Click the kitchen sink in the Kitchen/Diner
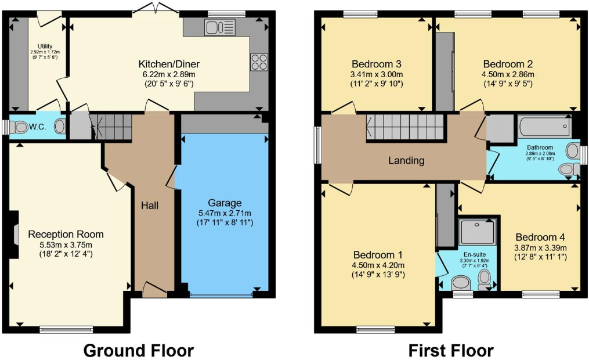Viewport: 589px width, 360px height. pos(220,27)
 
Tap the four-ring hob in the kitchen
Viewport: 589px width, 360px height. pos(258,62)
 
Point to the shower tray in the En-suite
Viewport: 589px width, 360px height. pos(478,235)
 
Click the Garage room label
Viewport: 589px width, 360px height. pos(225,203)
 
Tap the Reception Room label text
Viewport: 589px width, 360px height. pos(66,235)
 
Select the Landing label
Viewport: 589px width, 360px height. pos(406,160)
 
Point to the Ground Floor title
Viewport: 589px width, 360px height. pos(138,350)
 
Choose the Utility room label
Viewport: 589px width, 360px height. pos(46,46)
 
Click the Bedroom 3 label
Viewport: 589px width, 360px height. pos(377,64)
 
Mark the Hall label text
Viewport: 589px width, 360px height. pos(150,206)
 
